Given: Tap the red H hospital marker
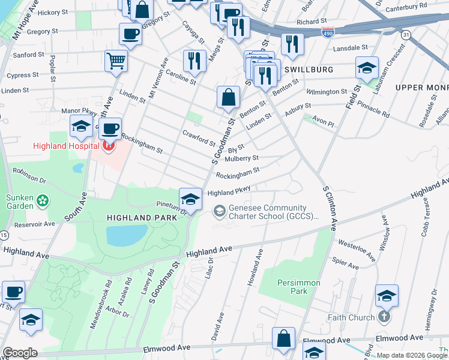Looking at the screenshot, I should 109,145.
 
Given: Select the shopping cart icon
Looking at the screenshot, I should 116,60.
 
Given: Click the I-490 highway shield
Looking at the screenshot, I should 328,31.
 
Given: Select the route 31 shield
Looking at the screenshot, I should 406,35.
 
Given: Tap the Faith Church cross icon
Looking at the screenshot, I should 385,317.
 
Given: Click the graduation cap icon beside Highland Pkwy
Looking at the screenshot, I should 190,199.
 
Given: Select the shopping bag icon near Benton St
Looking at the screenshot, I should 228,98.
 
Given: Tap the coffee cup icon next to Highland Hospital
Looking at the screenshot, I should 110,128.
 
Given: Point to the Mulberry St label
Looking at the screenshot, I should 241,158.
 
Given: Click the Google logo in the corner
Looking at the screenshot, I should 20,353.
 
